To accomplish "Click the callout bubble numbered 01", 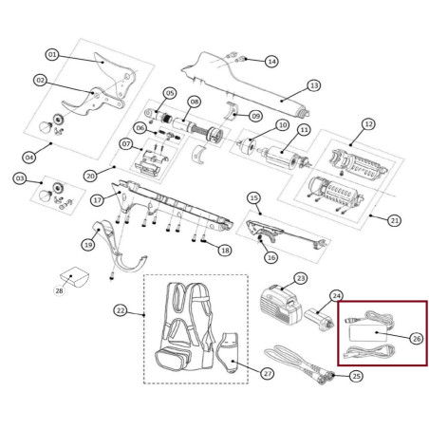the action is [52, 55].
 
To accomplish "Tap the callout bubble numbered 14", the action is [271, 61].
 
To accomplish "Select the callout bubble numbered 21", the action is [394, 220].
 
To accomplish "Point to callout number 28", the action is [59, 290].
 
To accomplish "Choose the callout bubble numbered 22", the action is [121, 310].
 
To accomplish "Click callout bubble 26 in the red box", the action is [417, 339].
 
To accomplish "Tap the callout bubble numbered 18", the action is [225, 251].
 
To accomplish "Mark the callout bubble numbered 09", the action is [255, 116].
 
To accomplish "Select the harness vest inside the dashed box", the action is [185, 326].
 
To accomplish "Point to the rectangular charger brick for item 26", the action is [367, 333].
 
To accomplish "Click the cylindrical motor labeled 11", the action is [282, 157].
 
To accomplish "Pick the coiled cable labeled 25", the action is [297, 364].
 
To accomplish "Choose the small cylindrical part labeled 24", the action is [318, 319].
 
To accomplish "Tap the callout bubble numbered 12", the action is [368, 123].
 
